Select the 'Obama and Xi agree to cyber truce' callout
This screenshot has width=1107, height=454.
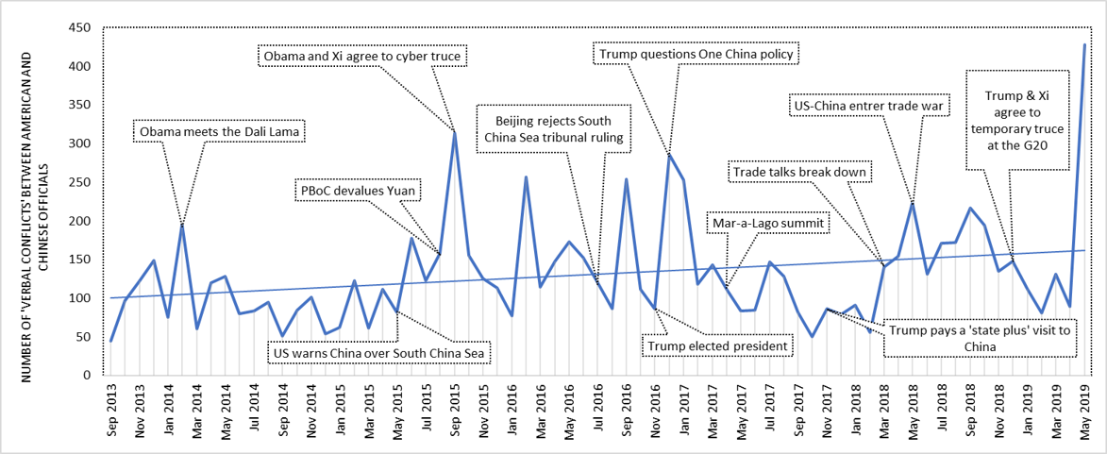[363, 58]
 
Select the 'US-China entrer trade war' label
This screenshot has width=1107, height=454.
[867, 107]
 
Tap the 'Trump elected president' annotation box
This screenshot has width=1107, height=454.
[716, 346]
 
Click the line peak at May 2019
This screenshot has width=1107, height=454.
[1084, 44]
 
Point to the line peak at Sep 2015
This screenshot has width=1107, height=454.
[454, 132]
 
